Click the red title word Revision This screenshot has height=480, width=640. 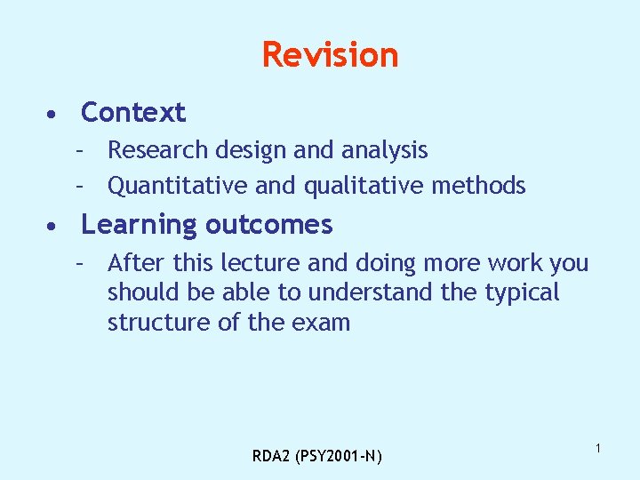tap(330, 55)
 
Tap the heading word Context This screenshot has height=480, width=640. tap(133, 113)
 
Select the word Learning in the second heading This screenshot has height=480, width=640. tap(138, 226)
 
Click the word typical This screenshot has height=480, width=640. tap(522, 292)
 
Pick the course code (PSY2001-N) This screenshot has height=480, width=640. tap(339, 457)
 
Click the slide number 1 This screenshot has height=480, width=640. tap(598, 449)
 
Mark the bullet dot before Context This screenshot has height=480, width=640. tap(54, 115)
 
